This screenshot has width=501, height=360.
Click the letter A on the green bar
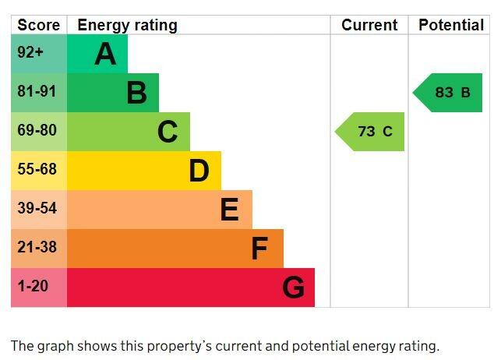[x=105, y=55]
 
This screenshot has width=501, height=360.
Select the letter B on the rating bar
[x=136, y=94]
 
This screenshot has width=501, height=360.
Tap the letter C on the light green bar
[x=168, y=132]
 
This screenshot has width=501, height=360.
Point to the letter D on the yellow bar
[x=199, y=171]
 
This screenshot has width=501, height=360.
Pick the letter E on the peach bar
[x=229, y=210]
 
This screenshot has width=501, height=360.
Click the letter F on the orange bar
[x=259, y=249]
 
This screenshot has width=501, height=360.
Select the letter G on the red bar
[x=293, y=288]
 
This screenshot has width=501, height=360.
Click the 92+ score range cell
[x=31, y=54]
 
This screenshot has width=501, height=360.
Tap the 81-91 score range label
[x=37, y=92]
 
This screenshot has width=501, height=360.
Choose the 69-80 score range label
[x=37, y=131]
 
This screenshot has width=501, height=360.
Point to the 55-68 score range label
[x=37, y=170]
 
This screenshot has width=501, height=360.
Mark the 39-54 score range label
[x=37, y=209]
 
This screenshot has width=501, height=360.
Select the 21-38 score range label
[x=37, y=248]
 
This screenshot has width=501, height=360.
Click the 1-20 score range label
[x=33, y=287]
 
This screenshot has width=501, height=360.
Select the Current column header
[x=369, y=25]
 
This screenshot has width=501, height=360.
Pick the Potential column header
[x=451, y=25]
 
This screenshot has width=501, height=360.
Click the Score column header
[x=38, y=25]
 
